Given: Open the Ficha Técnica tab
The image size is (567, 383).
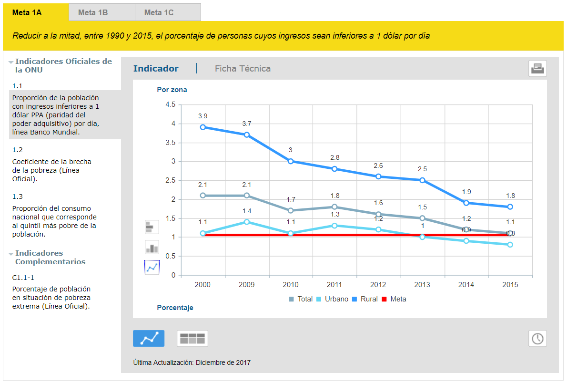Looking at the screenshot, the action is (243, 68).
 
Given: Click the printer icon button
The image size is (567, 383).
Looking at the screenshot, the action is (537, 68).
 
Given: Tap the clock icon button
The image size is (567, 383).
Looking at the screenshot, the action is (537, 339).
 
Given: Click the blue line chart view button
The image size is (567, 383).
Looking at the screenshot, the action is (149, 339).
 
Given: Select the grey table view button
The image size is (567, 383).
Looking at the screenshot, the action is (192, 339).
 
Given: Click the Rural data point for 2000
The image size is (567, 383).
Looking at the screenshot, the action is (203, 127).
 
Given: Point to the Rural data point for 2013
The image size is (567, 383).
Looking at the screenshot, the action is (422, 180).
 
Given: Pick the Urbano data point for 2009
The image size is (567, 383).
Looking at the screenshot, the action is (247, 222).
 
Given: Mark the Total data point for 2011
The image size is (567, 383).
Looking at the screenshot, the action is (334, 207).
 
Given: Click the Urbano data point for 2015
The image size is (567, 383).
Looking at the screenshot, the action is (510, 245).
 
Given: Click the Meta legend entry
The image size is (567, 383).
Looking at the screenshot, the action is (394, 299).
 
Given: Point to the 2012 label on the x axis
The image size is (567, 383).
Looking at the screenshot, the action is (378, 285).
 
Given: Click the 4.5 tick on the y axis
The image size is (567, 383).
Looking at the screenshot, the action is (170, 104).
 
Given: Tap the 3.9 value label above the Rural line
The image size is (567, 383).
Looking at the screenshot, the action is (203, 116).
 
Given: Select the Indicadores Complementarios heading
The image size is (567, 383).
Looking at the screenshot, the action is (50, 258).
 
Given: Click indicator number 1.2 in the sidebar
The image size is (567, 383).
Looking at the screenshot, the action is (17, 150).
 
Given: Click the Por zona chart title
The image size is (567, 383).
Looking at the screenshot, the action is (172, 90).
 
